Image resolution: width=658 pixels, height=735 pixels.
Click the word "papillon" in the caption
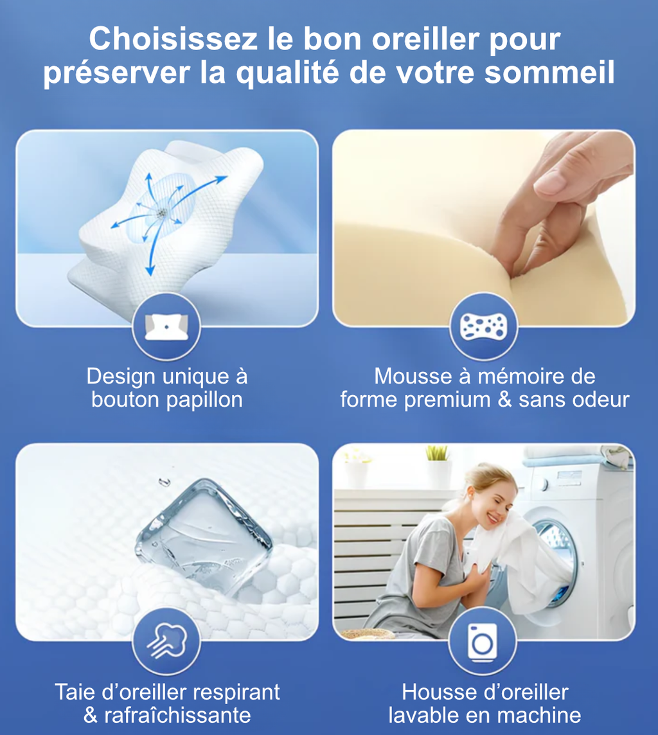(x=204, y=400)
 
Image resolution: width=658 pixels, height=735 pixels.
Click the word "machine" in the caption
(x=540, y=715)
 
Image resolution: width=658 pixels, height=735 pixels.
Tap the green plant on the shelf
(x=438, y=453)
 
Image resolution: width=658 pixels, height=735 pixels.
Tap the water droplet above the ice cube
(x=161, y=481)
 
